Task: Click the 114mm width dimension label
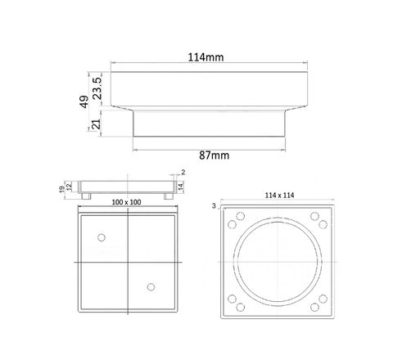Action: pos(206,57)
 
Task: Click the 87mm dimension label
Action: pos(214,155)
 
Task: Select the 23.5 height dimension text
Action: pos(97,88)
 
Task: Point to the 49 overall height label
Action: pos(84,101)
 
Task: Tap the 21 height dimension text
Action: pos(96,124)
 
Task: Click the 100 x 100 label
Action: pos(126,202)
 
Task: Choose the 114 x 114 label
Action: pos(279,196)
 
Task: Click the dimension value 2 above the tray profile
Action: pos(183,172)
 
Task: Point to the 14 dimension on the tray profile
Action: pos(180,187)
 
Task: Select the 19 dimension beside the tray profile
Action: pos(61,189)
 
